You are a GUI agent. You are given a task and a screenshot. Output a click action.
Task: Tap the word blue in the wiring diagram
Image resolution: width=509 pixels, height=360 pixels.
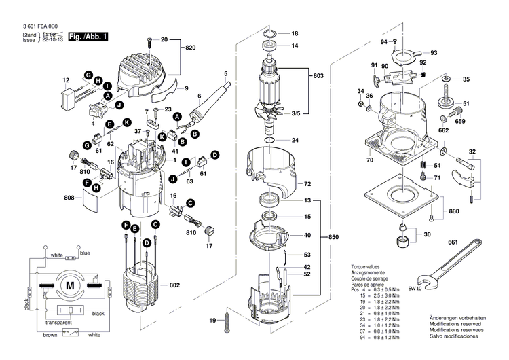[x=85, y=253]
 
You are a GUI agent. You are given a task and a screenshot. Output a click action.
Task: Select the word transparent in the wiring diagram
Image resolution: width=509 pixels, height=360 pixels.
[x=60, y=323]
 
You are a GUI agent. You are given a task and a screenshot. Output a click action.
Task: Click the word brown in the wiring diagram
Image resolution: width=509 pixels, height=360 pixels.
[x=50, y=335]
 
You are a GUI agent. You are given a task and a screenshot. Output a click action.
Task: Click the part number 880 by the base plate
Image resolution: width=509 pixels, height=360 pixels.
[x=453, y=211]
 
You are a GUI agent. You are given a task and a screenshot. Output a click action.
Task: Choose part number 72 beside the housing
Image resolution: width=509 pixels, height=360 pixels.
[x=307, y=184]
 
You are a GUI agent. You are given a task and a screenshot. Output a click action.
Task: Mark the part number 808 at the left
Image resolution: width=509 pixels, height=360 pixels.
[x=69, y=199]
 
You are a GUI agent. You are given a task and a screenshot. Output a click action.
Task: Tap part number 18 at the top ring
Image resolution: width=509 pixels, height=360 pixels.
[x=295, y=33]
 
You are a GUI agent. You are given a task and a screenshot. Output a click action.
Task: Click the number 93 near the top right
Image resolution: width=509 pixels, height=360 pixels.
[x=433, y=53]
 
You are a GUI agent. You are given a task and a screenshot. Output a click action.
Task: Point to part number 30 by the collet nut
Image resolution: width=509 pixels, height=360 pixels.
[x=427, y=234]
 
